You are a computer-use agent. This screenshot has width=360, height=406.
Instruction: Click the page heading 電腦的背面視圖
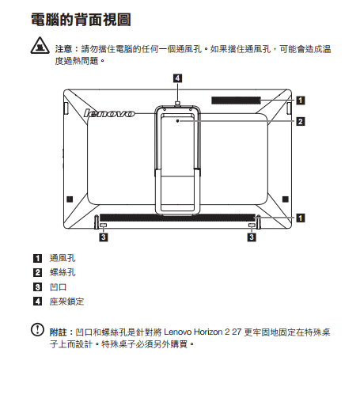(81, 20)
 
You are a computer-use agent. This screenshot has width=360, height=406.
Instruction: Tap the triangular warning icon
(40, 46)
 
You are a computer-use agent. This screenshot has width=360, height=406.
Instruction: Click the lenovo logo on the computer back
(109, 113)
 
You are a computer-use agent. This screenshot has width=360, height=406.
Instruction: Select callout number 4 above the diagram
(177, 78)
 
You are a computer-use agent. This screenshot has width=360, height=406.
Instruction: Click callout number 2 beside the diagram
(301, 122)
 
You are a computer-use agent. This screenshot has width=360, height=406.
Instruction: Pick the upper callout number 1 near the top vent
(301, 101)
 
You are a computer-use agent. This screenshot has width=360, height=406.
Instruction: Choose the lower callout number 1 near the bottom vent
(301, 218)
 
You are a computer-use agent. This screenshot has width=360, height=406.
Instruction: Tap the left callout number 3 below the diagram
(104, 237)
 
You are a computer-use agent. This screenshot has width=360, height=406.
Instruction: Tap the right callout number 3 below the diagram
(252, 237)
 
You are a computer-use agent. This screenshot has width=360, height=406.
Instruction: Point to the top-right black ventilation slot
(236, 101)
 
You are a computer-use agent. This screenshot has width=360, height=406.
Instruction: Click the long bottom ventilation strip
(177, 218)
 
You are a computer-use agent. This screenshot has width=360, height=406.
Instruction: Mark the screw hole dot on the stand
(178, 121)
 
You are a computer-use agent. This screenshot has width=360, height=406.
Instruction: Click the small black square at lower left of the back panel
(70, 199)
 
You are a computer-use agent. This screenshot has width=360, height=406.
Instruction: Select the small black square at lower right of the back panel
(286, 199)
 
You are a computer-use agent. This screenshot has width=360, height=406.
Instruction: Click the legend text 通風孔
(63, 258)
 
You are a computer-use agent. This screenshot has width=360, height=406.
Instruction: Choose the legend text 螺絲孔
(63, 272)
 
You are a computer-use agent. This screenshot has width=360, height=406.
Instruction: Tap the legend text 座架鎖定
(66, 302)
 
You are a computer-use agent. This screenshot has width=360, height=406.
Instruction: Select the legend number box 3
(37, 286)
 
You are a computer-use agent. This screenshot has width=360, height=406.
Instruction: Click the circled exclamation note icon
(37, 330)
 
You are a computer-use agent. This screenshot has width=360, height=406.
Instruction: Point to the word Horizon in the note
(208, 332)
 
